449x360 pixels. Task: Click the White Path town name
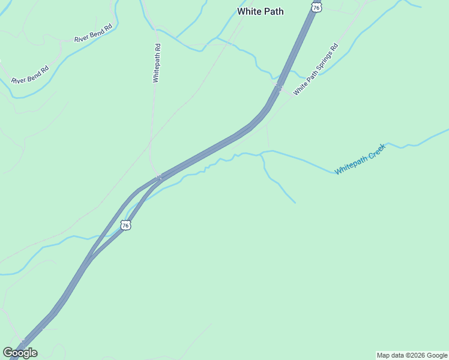(x=260, y=11)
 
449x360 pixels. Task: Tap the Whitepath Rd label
(x=156, y=63)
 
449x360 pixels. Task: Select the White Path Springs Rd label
(x=316, y=70)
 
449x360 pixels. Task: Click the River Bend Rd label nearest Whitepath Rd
(x=93, y=33)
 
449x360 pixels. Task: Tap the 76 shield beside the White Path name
(x=316, y=7)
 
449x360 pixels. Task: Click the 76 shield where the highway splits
(x=125, y=224)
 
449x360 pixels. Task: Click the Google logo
(x=20, y=353)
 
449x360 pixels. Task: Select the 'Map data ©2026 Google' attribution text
(x=412, y=355)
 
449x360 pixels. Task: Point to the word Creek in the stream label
(x=375, y=151)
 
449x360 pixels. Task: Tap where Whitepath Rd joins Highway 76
(x=158, y=177)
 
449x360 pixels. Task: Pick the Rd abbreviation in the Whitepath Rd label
(x=157, y=47)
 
